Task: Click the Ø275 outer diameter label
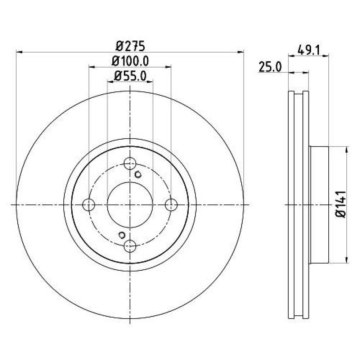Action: pyautogui.click(x=130, y=46)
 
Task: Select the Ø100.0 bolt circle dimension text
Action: pyautogui.click(x=130, y=61)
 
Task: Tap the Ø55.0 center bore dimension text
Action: pyautogui.click(x=130, y=76)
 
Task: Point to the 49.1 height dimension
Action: pyautogui.click(x=309, y=50)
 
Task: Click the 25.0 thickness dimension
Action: pyautogui.click(x=270, y=67)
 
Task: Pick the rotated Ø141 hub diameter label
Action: pyautogui.click(x=341, y=204)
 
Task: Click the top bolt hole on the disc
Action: pyautogui.click(x=130, y=163)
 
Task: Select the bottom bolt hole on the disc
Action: pyautogui.click(x=130, y=246)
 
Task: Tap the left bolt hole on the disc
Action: pyautogui.click(x=89, y=204)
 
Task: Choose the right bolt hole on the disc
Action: pyautogui.click(x=171, y=204)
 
